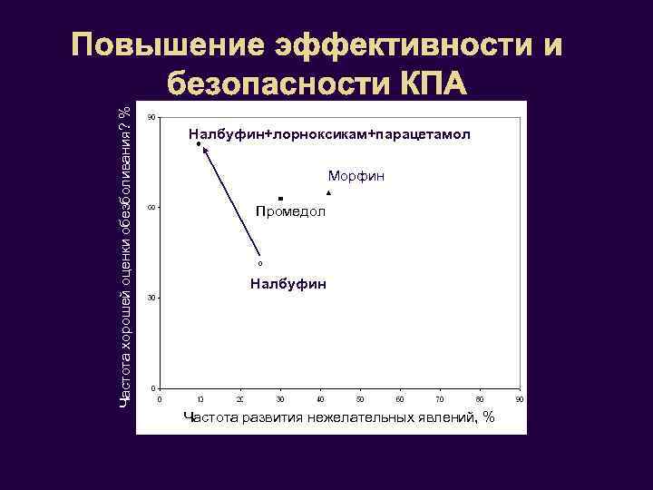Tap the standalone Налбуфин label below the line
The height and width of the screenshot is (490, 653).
pos(288,285)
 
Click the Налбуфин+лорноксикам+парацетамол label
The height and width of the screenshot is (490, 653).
pos(329,135)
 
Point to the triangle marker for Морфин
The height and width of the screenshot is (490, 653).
pos(328,193)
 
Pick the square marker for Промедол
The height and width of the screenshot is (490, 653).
pos(281,198)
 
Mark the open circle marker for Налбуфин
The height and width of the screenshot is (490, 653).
pos(259,263)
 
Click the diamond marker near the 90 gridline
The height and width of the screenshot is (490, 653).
pos(199,144)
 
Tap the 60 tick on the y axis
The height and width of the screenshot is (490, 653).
pos(151,208)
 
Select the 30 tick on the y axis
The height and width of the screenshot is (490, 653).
pos(151,298)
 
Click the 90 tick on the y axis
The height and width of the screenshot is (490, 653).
pos(151,117)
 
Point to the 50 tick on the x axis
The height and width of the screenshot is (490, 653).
pos(360,399)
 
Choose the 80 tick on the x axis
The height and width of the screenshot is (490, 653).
pos(480,399)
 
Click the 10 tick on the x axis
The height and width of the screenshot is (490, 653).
pos(200,399)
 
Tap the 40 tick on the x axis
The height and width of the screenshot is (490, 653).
pos(320,399)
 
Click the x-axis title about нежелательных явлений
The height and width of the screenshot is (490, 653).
pos(339,417)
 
